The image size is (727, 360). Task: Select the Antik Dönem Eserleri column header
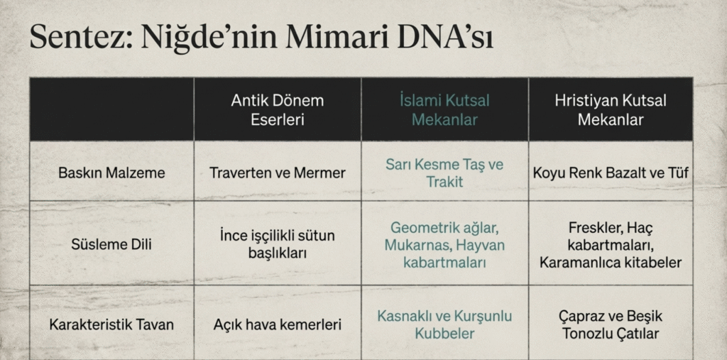coord(278,110)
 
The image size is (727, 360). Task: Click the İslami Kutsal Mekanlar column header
coord(444,110)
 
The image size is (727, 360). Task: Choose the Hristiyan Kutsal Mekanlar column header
coord(611,110)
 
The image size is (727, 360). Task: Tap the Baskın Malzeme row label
coord(111,173)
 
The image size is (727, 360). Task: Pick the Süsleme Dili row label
coord(111,244)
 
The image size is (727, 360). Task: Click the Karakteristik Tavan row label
coord(111,324)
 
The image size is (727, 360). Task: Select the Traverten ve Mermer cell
coord(278,173)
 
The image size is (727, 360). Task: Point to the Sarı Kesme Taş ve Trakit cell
coord(444,173)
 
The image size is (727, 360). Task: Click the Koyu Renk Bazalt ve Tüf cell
coord(611,173)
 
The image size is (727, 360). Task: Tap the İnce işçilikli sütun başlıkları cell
coord(278,244)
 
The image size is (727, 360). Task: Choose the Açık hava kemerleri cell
coord(278,324)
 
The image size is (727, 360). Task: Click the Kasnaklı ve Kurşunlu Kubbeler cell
coord(444,324)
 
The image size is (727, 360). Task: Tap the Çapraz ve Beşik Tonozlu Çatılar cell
coord(611,324)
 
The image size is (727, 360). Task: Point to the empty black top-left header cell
coord(111,109)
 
